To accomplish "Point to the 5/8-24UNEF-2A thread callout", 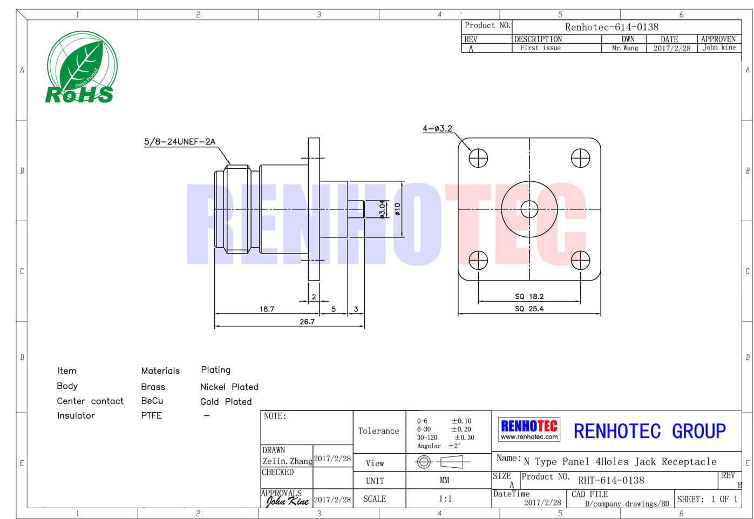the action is coord(180,141).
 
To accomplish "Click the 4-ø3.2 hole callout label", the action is coord(437,128).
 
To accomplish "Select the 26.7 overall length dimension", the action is coord(307,322).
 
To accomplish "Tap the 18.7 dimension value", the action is coord(267,309).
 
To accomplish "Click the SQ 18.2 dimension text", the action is coord(529,296).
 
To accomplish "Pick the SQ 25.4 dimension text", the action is coord(529,309).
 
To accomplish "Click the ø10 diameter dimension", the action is coord(398,209).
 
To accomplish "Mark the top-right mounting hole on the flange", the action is coord(580,158).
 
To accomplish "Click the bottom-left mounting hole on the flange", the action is coord(478,261).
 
